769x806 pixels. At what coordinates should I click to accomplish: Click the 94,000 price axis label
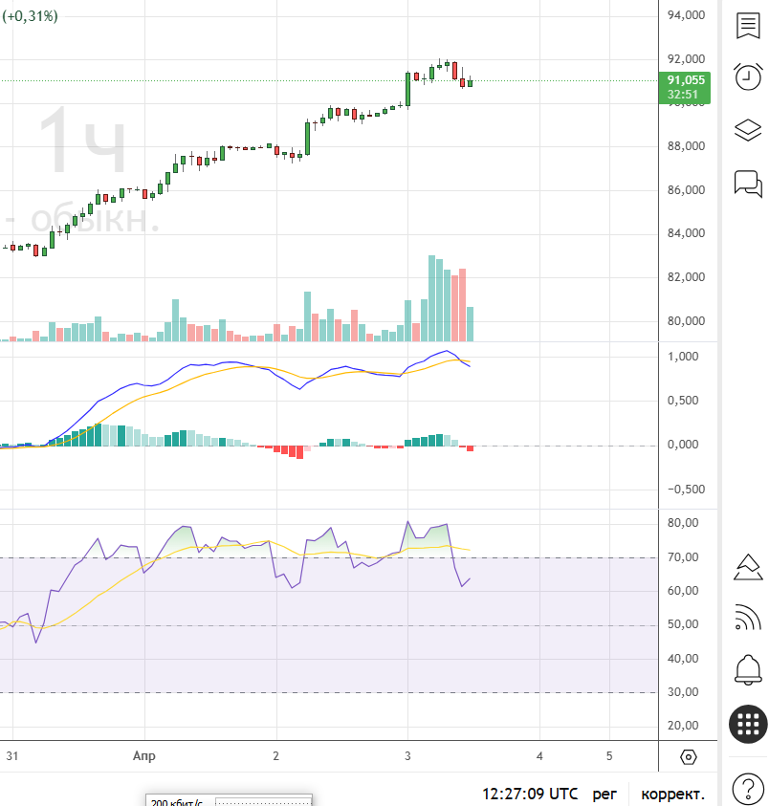click(x=686, y=15)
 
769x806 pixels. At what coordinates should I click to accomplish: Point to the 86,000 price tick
click(x=686, y=190)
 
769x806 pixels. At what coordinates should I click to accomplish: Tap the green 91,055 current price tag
click(x=686, y=87)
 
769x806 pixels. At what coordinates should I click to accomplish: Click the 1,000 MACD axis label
click(x=684, y=357)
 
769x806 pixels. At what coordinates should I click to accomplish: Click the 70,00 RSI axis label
click(x=684, y=557)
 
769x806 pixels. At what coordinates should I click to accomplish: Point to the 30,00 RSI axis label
click(x=684, y=692)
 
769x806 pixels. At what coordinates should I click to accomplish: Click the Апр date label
click(x=143, y=755)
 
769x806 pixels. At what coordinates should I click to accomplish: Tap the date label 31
click(x=12, y=755)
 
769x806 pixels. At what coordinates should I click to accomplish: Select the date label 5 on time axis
click(x=609, y=755)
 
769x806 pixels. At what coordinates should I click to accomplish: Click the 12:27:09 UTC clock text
click(x=530, y=794)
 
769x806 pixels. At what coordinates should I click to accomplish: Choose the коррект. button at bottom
click(x=672, y=794)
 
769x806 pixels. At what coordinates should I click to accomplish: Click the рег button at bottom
click(x=604, y=794)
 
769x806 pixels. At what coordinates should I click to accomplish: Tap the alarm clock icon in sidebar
click(x=747, y=76)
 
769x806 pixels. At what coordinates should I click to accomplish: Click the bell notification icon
click(x=747, y=669)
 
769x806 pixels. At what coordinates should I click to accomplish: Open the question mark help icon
click(x=747, y=790)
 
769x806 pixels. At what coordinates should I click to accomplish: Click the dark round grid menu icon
click(x=747, y=724)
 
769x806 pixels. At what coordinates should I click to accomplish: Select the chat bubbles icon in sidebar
click(x=747, y=182)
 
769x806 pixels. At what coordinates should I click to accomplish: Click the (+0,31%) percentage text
click(x=30, y=15)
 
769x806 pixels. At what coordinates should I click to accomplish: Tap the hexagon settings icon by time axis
click(x=688, y=757)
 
